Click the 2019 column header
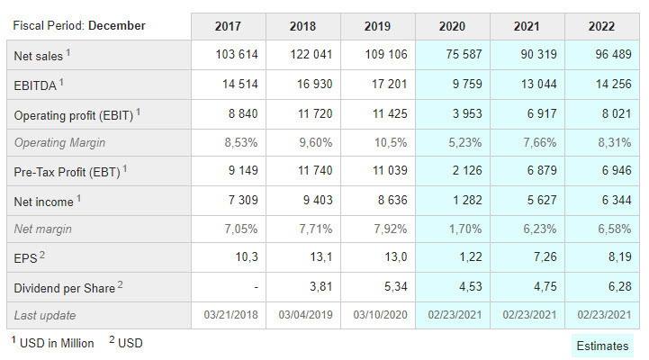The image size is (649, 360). pyautogui.click(x=377, y=26)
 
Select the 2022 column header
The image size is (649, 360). pyautogui.click(x=601, y=26)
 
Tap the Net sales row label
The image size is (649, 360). pyautogui.click(x=41, y=55)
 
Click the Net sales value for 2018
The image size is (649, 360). pyautogui.click(x=311, y=54)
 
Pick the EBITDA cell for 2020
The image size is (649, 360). pyautogui.click(x=467, y=84)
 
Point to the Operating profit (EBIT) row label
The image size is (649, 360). pyautogui.click(x=77, y=114)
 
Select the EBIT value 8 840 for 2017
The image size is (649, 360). pyautogui.click(x=243, y=113)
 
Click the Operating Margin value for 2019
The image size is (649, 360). pyautogui.click(x=391, y=143)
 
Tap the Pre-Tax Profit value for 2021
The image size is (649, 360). pyautogui.click(x=542, y=170)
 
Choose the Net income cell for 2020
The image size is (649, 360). pyautogui.click(x=467, y=201)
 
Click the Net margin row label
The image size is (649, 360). pyautogui.click(x=42, y=229)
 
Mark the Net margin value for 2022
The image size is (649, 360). pyautogui.click(x=614, y=229)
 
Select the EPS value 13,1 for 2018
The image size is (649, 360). pyautogui.click(x=321, y=257)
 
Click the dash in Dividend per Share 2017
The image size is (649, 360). pyautogui.click(x=257, y=287)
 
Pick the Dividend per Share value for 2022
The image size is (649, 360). pyautogui.click(x=619, y=286)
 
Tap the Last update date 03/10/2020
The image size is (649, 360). pyautogui.click(x=381, y=315)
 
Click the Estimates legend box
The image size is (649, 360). pyautogui.click(x=603, y=346)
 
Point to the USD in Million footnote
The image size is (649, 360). pyautogui.click(x=52, y=343)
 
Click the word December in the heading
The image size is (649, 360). pyautogui.click(x=117, y=26)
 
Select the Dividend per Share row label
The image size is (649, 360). pyautogui.click(x=68, y=288)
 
